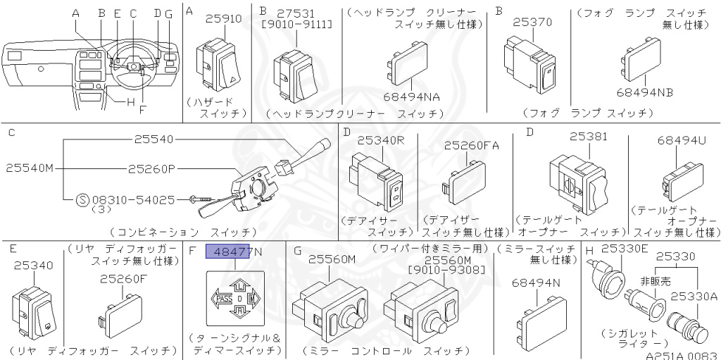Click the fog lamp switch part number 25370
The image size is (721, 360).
coord(532,23)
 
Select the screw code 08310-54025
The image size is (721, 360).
coord(133,200)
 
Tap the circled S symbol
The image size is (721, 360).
coord(82,200)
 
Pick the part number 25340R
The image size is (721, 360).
coord(380,140)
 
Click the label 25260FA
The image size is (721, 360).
coord(471,145)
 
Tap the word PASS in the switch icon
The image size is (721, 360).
coord(225,299)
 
